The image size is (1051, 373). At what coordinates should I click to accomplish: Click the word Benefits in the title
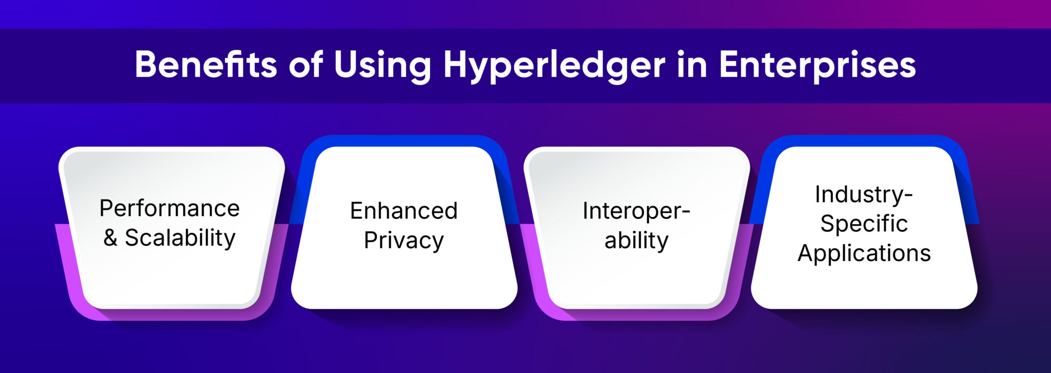click(x=205, y=65)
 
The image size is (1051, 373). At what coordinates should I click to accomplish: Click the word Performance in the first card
click(x=169, y=209)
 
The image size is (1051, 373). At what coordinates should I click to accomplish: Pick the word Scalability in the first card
click(x=180, y=238)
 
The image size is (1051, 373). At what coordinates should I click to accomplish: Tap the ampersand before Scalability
click(x=110, y=238)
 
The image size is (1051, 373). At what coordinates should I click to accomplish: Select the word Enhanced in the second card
click(x=404, y=211)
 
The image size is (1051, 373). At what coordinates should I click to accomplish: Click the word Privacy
click(x=404, y=241)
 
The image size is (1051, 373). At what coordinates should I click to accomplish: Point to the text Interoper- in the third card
click(x=636, y=211)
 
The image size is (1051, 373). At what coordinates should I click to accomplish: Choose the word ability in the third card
click(x=636, y=241)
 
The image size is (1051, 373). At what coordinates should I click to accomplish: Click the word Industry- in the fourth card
click(x=864, y=194)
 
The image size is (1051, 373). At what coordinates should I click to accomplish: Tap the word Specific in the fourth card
click(x=864, y=224)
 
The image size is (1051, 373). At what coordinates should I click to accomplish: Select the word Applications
click(x=864, y=253)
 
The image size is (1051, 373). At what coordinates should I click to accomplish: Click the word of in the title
click(x=306, y=65)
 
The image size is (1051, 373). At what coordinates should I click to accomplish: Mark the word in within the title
click(x=692, y=65)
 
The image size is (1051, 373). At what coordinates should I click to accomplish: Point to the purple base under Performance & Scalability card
click(x=169, y=315)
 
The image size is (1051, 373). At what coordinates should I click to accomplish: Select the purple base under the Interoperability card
click(x=636, y=315)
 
